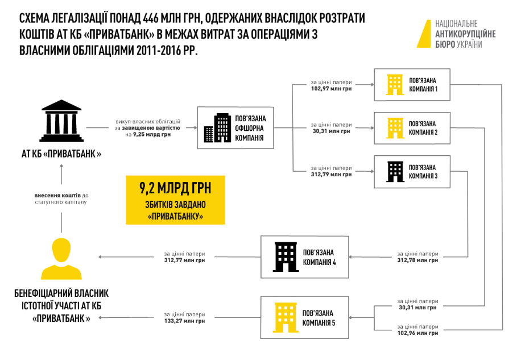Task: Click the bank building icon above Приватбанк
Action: (x=61, y=121)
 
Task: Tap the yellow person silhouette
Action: (x=61, y=259)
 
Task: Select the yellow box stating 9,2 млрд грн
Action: (x=175, y=200)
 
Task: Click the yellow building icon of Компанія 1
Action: (x=395, y=85)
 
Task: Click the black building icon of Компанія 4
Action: (x=286, y=257)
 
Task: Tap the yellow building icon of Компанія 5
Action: (x=286, y=317)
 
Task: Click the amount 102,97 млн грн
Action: (x=331, y=89)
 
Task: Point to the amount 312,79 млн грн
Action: (x=331, y=175)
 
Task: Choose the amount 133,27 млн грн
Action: (x=184, y=321)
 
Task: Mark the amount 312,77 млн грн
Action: (x=184, y=260)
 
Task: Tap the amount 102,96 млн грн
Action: (x=417, y=333)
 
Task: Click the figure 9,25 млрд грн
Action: (x=152, y=134)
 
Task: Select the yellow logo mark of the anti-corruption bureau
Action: (x=424, y=34)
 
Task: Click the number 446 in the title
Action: (x=151, y=19)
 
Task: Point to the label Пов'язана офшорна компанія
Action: (x=250, y=128)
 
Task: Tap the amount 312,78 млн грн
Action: (x=417, y=260)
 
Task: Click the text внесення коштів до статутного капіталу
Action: (x=61, y=198)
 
